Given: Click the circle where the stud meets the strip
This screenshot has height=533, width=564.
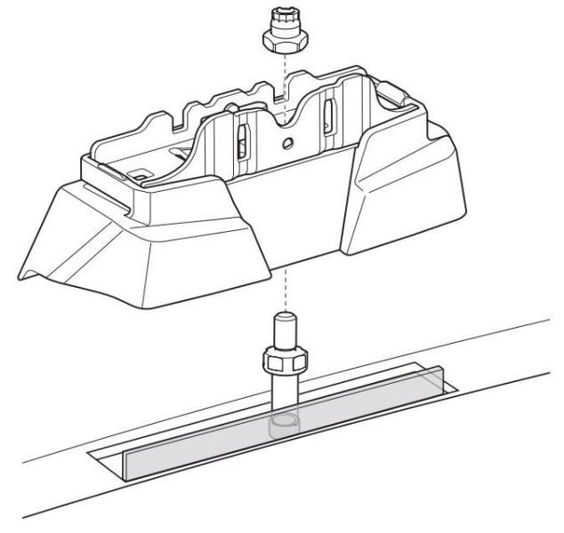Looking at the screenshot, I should (x=283, y=421).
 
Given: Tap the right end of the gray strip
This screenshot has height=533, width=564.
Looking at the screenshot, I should (x=435, y=383).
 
